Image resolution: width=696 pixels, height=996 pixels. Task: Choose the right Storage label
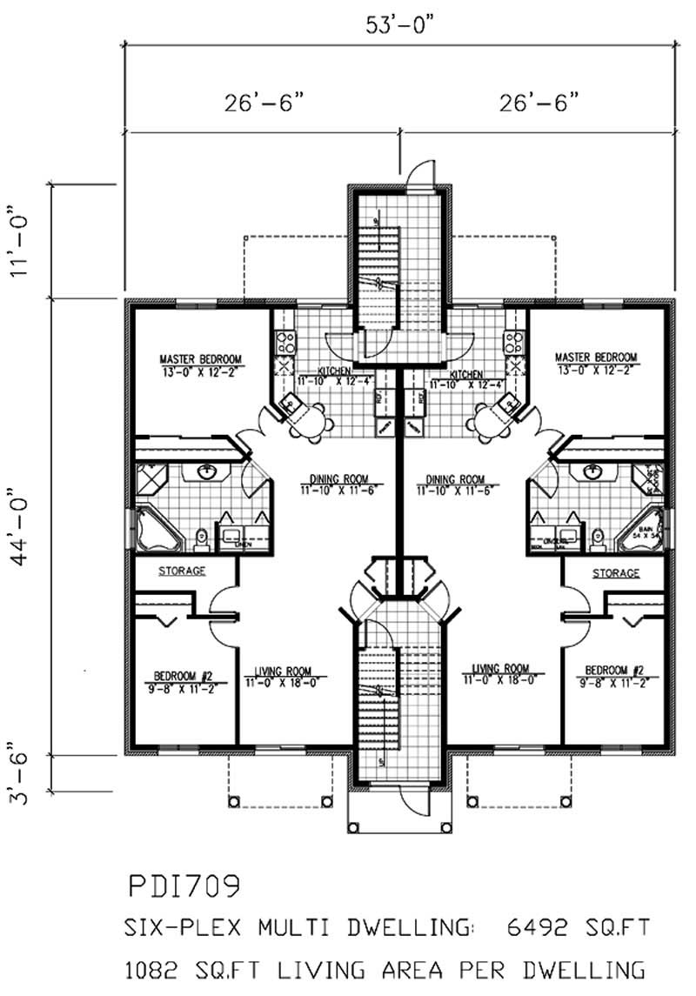pos(615,572)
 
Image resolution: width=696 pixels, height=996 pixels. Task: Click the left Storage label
pos(182,572)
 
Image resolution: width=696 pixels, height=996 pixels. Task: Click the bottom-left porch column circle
pos(233,801)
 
